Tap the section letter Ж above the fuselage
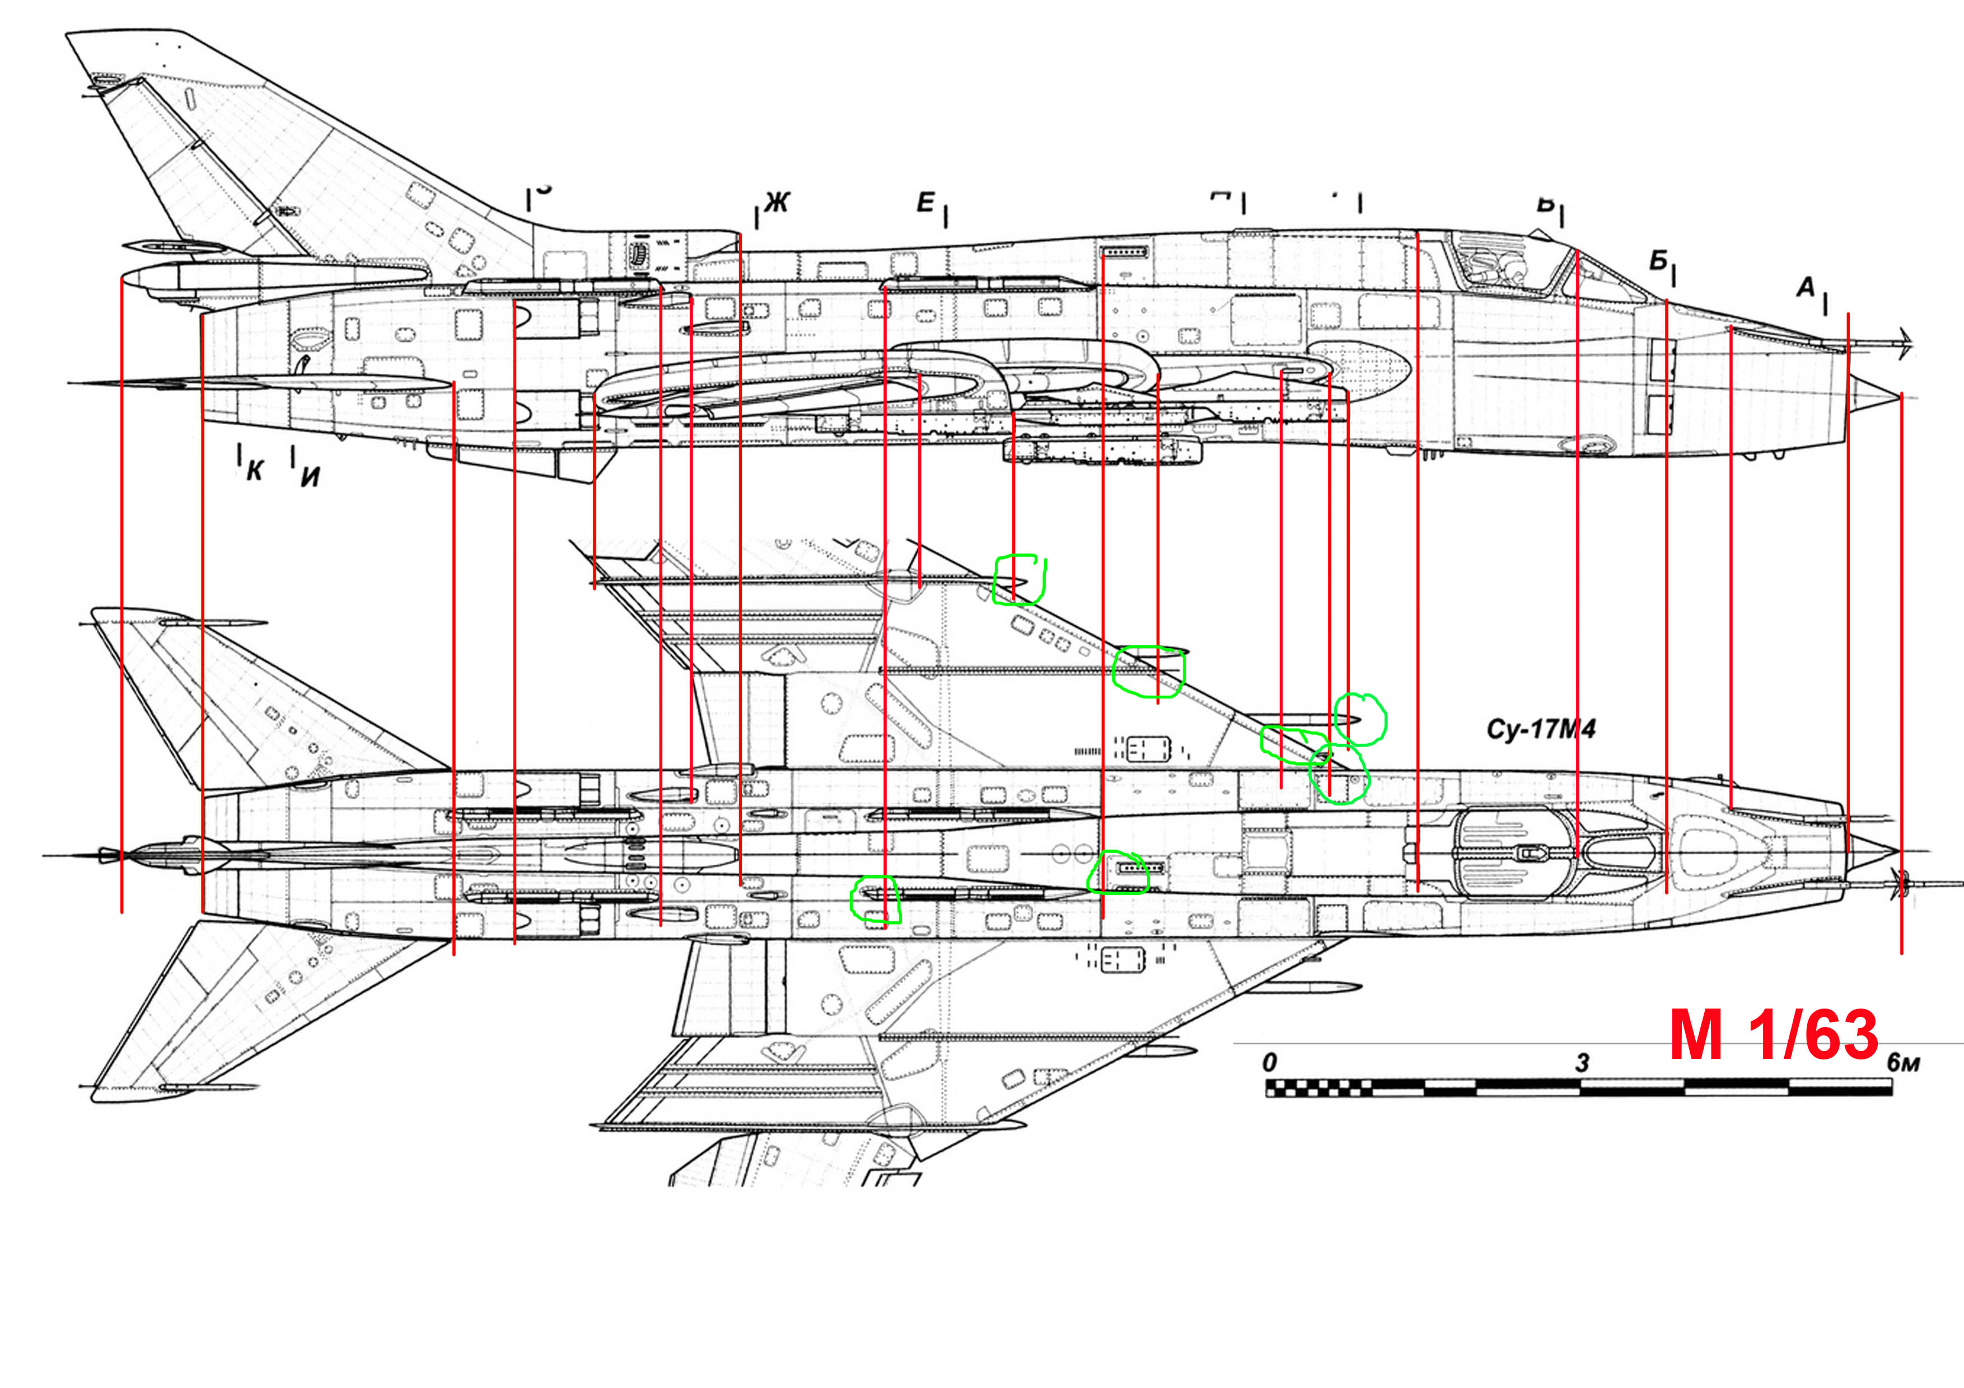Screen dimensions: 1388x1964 (x=776, y=203)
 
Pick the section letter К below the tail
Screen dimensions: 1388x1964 (x=254, y=470)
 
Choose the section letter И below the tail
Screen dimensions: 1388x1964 (x=310, y=476)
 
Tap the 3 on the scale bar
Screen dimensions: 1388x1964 (x=1583, y=1063)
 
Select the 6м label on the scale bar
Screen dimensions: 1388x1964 (x=1904, y=1063)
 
